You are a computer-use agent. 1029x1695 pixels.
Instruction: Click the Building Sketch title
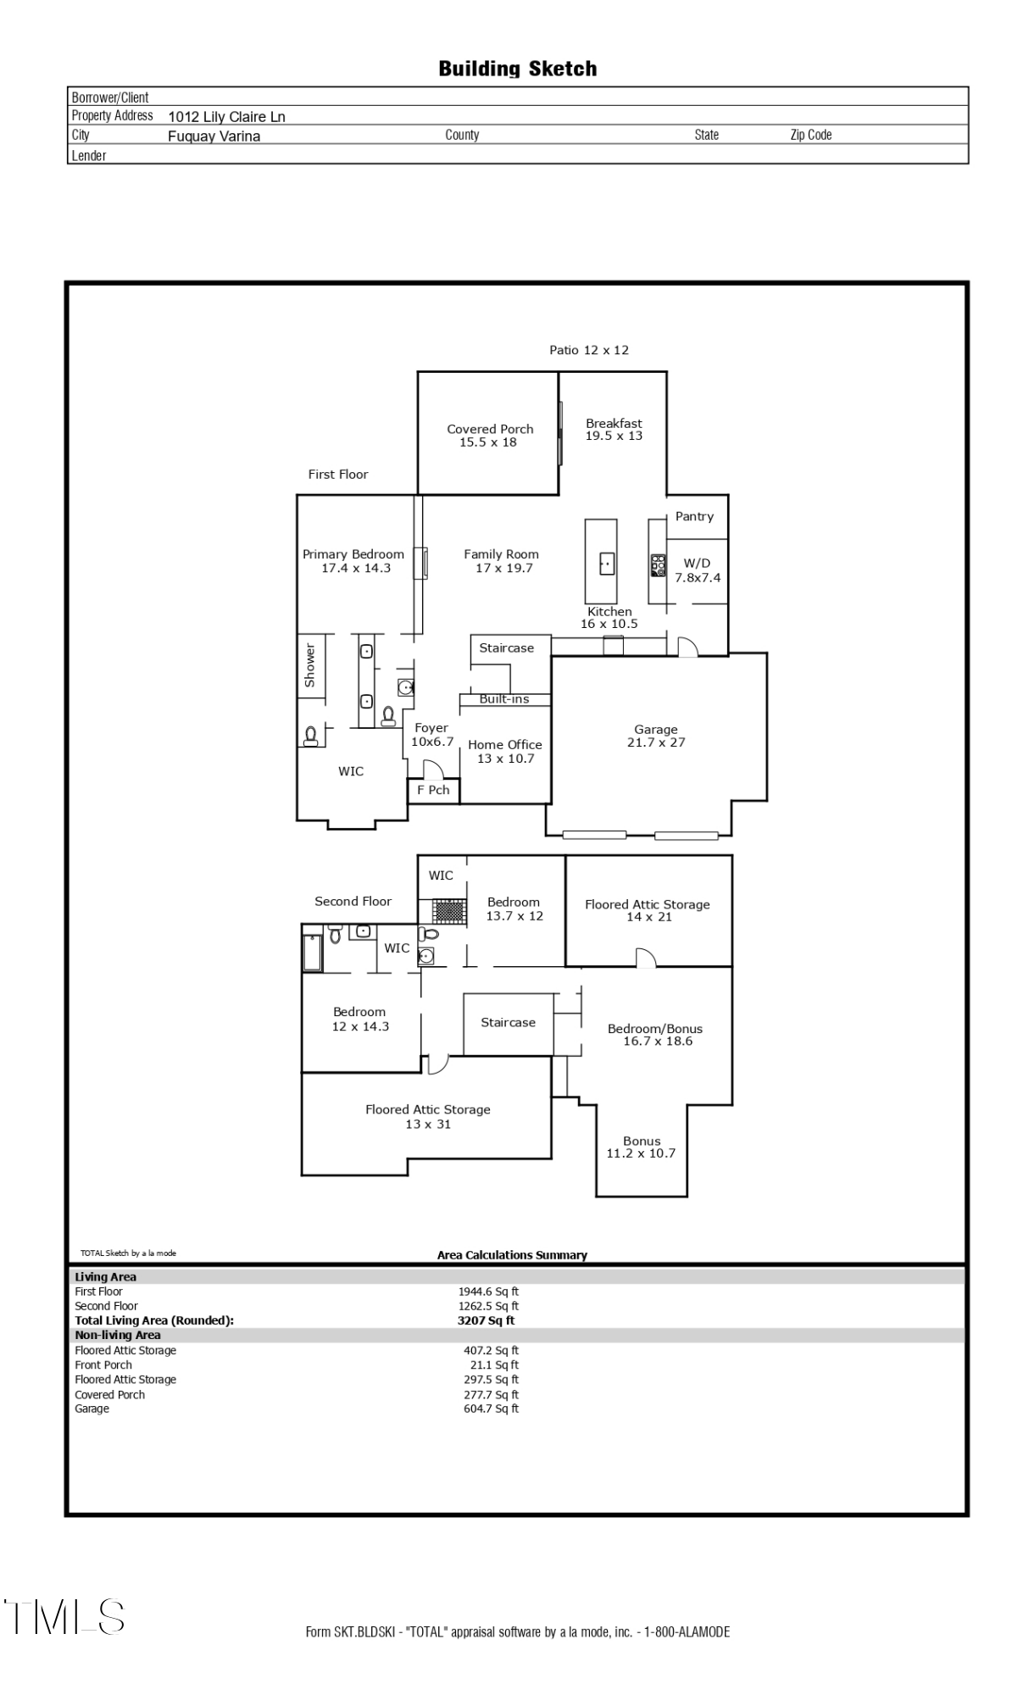517,69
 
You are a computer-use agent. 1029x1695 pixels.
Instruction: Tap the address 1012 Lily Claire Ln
226,117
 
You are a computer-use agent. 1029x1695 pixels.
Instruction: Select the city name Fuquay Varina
214,136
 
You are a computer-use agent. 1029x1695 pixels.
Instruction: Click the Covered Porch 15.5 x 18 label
490,436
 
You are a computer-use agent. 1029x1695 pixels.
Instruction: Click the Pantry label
694,516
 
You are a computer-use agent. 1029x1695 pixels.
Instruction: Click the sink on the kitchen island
607,563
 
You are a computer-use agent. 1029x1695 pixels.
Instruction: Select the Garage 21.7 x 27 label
656,736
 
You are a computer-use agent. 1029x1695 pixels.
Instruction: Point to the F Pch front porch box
433,791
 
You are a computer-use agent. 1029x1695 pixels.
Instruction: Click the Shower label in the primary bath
309,665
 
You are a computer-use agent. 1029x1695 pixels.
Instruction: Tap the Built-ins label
504,699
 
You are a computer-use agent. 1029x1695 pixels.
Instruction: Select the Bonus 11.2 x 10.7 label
641,1148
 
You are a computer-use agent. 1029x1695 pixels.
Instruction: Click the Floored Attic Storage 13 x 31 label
428,1117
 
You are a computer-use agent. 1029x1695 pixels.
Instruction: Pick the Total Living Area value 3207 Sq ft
486,1320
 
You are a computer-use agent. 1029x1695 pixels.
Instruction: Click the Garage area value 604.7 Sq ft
491,1409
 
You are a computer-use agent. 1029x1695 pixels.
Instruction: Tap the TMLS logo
64,1616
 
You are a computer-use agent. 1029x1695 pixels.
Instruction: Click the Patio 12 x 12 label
589,350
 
